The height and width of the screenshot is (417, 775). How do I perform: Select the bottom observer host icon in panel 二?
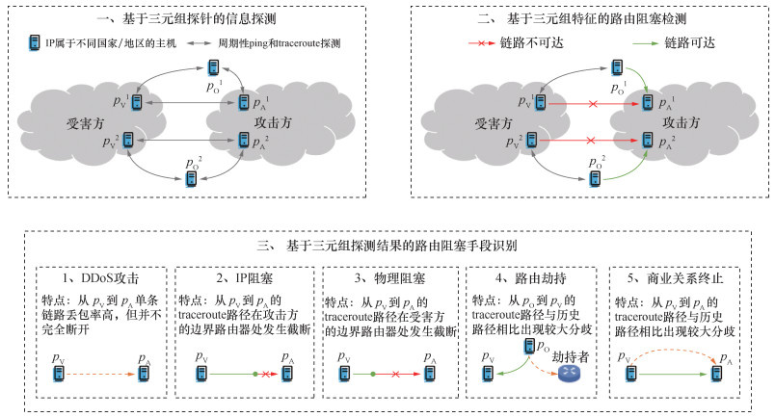pyautogui.click(x=595, y=178)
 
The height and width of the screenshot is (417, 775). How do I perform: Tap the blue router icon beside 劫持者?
pyautogui.click(x=565, y=375)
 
